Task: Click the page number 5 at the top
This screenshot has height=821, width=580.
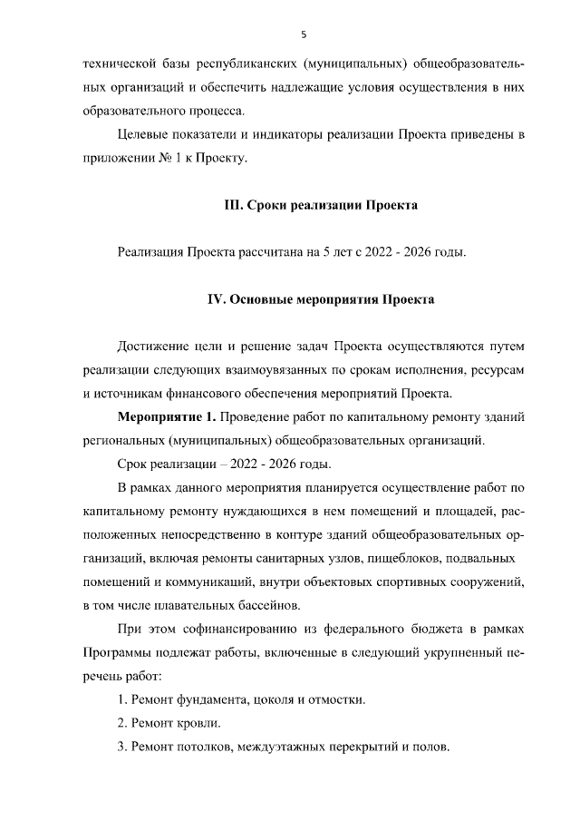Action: click(304, 34)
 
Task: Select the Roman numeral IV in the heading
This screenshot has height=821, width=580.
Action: click(217, 299)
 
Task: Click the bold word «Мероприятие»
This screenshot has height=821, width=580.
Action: click(160, 417)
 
